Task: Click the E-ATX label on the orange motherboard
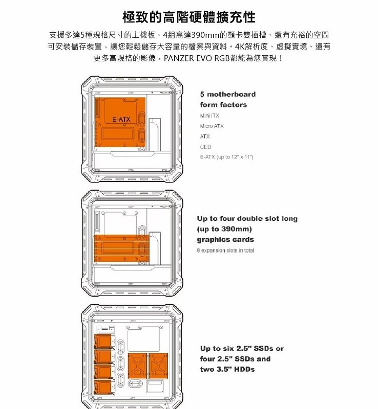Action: (x=121, y=120)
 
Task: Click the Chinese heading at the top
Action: (x=189, y=17)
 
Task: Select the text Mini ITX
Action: (x=209, y=116)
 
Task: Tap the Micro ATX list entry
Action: (x=212, y=126)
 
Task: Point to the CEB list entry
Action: (x=205, y=147)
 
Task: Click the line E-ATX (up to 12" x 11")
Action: (x=227, y=157)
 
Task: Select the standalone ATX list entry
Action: (x=205, y=137)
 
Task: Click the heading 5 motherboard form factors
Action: (x=227, y=99)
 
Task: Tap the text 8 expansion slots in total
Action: (x=225, y=251)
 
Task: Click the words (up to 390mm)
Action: (x=225, y=229)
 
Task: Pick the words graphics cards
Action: (x=225, y=239)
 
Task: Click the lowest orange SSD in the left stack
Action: (x=103, y=387)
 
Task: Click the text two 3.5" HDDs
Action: (x=227, y=369)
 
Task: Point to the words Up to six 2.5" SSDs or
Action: (x=241, y=348)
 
